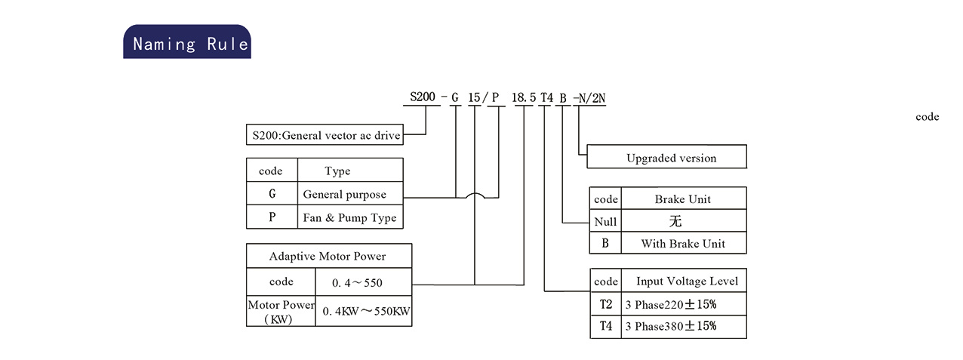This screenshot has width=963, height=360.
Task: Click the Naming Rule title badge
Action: [187, 42]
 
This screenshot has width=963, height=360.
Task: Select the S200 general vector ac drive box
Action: [325, 134]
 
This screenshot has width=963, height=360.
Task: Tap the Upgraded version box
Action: [667, 156]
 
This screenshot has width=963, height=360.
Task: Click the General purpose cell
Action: [350, 193]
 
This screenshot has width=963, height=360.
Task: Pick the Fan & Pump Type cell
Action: [350, 217]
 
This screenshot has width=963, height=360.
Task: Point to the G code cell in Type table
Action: [272, 193]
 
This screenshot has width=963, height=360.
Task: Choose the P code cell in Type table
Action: [272, 217]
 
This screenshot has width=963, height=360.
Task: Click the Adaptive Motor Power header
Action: [329, 256]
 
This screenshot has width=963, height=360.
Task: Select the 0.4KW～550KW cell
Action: [364, 310]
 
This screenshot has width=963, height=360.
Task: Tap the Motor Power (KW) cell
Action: [281, 310]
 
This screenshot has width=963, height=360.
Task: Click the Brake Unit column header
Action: [684, 198]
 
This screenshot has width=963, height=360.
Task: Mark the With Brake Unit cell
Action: [684, 243]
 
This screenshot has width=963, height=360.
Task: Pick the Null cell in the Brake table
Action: [605, 221]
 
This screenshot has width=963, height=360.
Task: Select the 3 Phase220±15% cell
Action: [684, 304]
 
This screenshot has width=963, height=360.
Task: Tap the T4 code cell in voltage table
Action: [606, 327]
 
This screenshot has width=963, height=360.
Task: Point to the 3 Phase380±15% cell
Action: [684, 327]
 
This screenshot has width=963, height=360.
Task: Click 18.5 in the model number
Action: [524, 97]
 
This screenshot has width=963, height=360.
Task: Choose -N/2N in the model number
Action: [589, 98]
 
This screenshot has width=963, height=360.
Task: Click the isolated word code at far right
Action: [928, 116]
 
